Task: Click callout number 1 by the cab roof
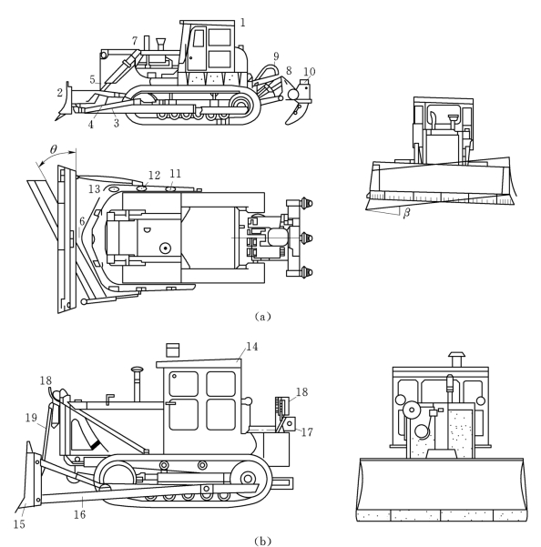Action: point(243,23)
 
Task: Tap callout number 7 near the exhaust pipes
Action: point(135,41)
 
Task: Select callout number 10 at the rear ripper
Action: point(310,72)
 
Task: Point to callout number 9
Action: point(276,56)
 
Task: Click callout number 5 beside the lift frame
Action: point(92,79)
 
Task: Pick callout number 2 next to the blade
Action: point(60,93)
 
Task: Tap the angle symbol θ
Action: point(53,149)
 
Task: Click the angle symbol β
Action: point(406,213)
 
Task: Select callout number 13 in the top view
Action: point(94,188)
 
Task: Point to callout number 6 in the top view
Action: point(82,221)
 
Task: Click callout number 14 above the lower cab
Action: point(252,347)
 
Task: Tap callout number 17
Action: point(307,432)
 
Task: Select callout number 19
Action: point(31,418)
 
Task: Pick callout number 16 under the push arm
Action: point(79,514)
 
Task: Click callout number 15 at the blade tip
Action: point(19,524)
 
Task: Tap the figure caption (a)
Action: point(262,317)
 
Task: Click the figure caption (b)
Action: point(262,541)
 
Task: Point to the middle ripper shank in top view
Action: point(308,238)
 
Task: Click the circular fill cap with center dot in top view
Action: point(165,248)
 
